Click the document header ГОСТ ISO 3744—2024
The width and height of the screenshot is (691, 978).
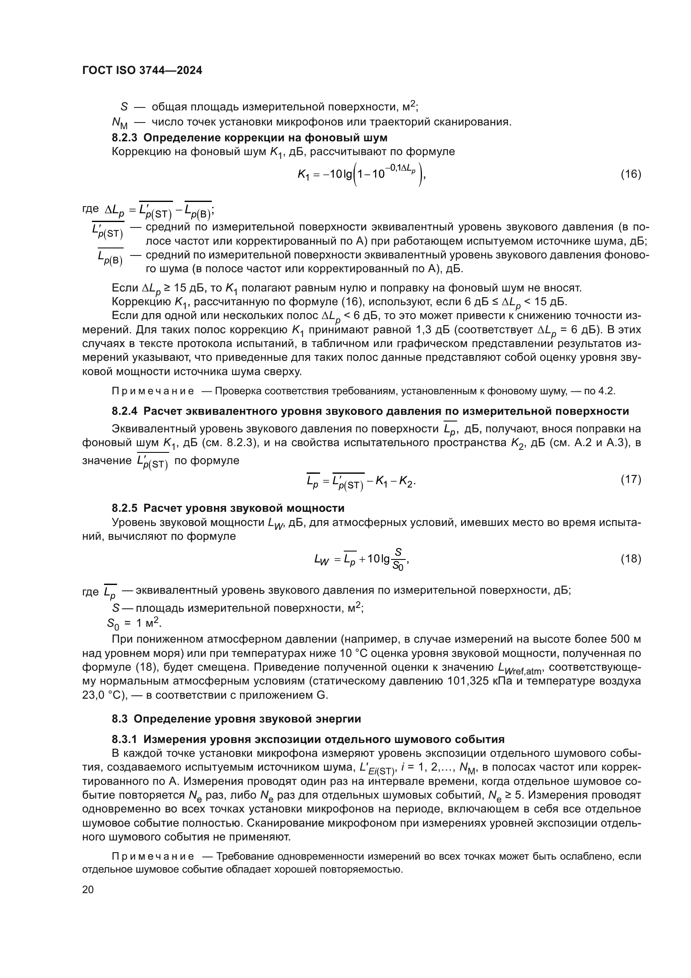[142, 70]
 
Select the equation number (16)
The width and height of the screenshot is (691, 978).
[630, 174]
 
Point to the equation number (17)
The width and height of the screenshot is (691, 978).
[630, 479]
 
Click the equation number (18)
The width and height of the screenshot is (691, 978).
[630, 559]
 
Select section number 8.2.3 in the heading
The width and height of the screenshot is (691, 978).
[124, 138]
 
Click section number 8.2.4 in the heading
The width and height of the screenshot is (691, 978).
[124, 411]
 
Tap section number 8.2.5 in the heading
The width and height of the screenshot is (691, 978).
[124, 508]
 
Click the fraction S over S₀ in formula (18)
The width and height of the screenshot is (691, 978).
[398, 559]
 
